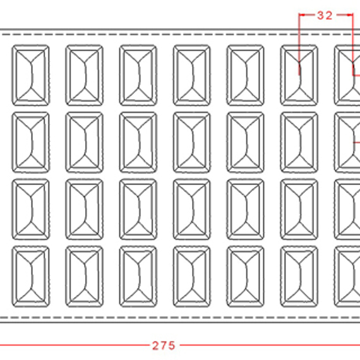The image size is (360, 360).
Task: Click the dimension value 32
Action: [325, 16]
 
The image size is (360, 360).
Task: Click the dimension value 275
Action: [164, 345]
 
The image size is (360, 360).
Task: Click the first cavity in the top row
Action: [30, 75]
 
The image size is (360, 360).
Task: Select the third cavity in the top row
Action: [138, 75]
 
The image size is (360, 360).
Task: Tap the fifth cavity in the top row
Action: [245, 75]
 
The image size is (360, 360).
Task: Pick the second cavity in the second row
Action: [84, 142]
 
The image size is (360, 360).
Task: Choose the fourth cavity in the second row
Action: [192, 142]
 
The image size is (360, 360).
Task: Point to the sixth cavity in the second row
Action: [299, 142]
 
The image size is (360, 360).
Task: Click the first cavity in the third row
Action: [30, 210]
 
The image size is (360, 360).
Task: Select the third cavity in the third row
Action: [138, 210]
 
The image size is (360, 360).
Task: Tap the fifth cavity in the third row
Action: [245, 210]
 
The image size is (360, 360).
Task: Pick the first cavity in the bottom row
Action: [30, 277]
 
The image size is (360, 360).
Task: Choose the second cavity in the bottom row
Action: [84, 277]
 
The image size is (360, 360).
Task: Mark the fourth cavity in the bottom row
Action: [192, 277]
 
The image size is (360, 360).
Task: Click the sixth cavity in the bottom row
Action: [299, 277]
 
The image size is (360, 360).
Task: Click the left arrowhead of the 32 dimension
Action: [302, 15]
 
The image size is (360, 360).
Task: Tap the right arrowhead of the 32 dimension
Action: [350, 15]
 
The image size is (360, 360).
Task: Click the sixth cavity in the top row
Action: [299, 75]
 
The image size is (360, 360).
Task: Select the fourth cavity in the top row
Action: [192, 75]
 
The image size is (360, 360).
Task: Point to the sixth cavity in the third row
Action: [299, 210]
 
